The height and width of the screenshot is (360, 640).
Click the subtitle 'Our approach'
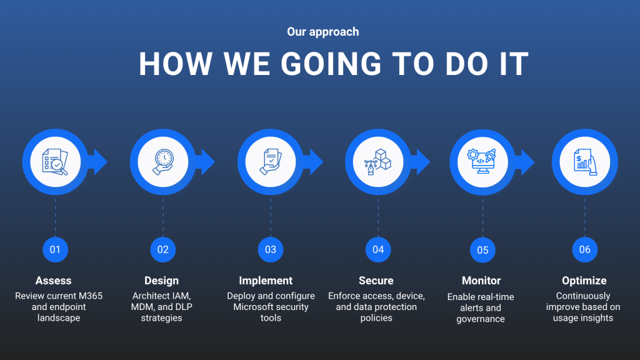pos(323,32)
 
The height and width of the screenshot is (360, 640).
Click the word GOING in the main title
pos(331,64)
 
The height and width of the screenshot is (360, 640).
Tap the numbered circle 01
pos(55,249)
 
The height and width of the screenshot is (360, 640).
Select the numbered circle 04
pos(378,249)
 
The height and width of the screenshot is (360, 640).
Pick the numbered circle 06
pos(584,249)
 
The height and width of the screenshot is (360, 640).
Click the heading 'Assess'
pos(54,281)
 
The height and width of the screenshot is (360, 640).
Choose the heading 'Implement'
pos(266,281)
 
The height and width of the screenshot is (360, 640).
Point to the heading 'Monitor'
pos(481,281)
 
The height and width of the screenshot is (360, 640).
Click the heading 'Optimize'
pos(584,281)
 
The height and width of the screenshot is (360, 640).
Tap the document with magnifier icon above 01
pos(55,162)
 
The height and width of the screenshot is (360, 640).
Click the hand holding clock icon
pos(163,162)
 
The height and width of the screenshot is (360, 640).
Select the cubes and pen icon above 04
pos(377,162)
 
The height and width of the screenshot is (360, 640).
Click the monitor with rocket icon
pos(482,162)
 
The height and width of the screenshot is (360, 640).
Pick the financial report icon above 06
pos(585,162)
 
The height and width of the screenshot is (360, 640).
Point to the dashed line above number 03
pos(271,217)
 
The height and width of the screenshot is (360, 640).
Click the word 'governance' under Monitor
pos(481,319)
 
